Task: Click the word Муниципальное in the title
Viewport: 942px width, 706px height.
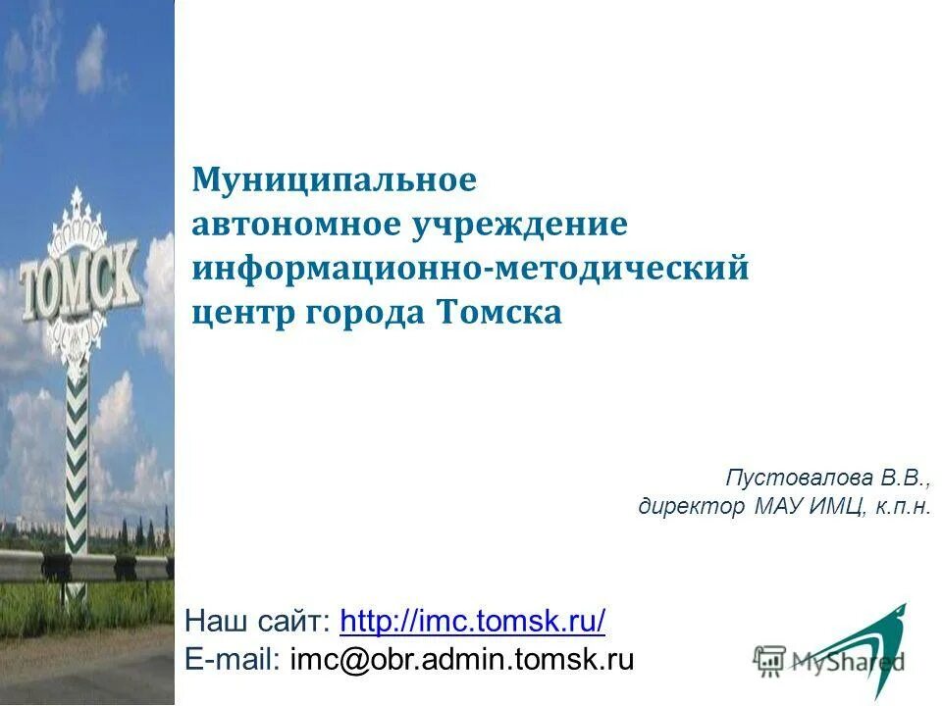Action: pos(334,180)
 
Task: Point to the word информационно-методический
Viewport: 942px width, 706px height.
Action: pos(470,269)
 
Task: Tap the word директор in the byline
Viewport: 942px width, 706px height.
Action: pos(692,507)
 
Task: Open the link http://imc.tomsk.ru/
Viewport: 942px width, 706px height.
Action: pos(472,621)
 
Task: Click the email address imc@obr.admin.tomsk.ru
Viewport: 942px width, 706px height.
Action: pos(461,659)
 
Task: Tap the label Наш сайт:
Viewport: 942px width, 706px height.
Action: pos(258,621)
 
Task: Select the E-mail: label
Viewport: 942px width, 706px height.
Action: pos(233,659)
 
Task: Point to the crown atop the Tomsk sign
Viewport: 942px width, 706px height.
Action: pos(76,221)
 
